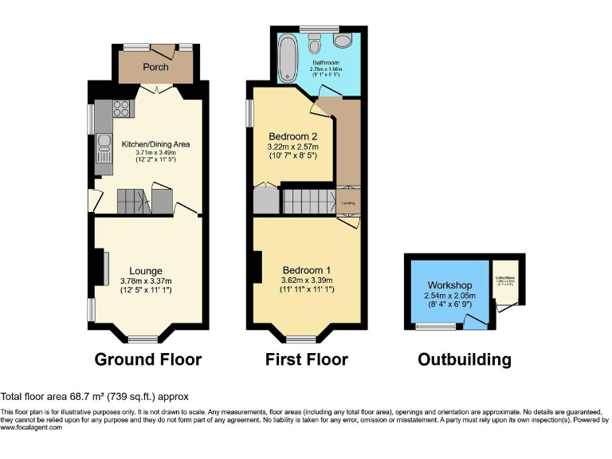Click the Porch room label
(x=155, y=67)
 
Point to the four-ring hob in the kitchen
(x=121, y=110)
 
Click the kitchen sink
(x=104, y=144)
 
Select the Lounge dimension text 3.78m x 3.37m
(x=146, y=280)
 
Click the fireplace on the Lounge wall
(x=104, y=268)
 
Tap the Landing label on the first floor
(x=348, y=203)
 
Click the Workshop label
(x=449, y=285)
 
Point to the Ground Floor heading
(x=147, y=359)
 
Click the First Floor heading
(x=306, y=359)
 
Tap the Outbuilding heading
(x=465, y=359)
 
